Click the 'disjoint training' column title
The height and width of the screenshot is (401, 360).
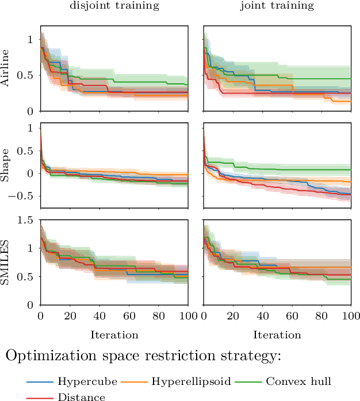(114, 7)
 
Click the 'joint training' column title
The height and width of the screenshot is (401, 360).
(277, 7)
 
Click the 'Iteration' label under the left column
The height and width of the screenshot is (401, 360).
(114, 334)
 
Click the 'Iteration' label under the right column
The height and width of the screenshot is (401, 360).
(277, 334)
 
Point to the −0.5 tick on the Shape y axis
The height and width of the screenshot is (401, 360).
(22, 196)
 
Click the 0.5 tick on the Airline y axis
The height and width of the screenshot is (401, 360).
(27, 75)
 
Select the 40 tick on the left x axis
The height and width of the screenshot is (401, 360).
(99, 316)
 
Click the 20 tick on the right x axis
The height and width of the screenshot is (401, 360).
(233, 316)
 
